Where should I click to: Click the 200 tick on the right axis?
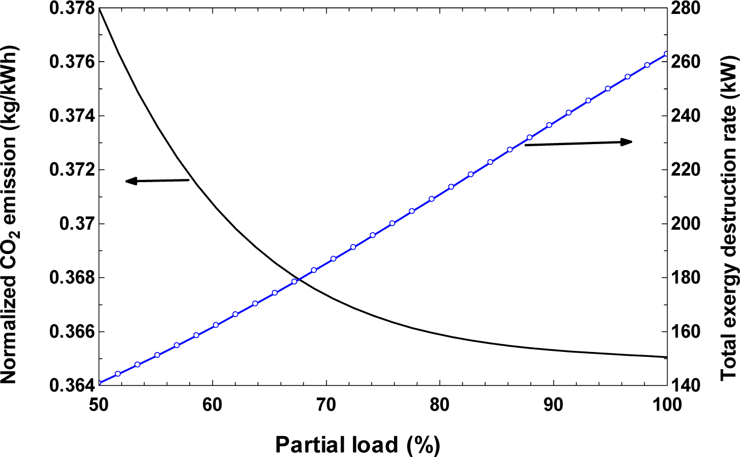[687, 223]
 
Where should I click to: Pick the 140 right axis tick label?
[687, 385]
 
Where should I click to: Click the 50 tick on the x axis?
[100, 405]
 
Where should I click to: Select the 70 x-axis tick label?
[326, 405]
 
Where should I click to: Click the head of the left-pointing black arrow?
[128, 182]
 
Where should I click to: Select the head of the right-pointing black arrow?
[630, 141]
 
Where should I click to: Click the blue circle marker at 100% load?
[667, 54]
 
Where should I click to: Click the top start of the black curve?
[100, 9]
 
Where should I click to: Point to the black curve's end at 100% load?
[666, 357]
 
